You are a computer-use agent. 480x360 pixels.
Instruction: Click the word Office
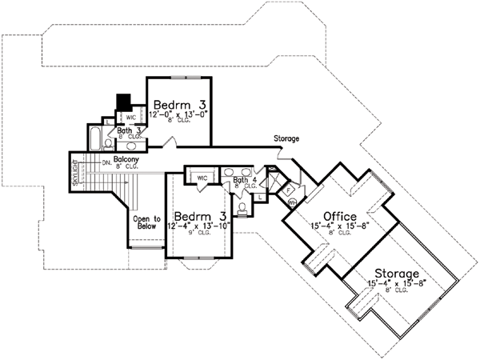pyautogui.click(x=340, y=215)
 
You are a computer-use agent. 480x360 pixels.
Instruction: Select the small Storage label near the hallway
pyautogui.click(x=286, y=139)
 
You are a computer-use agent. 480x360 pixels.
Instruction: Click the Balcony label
pyautogui.click(x=126, y=160)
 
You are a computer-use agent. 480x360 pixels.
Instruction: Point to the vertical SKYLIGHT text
pyautogui.click(x=77, y=172)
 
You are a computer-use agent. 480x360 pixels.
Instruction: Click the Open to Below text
pyautogui.click(x=146, y=222)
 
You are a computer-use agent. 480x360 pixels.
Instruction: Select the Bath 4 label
pyautogui.click(x=244, y=181)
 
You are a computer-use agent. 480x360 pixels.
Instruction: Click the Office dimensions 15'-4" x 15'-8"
pyautogui.click(x=339, y=226)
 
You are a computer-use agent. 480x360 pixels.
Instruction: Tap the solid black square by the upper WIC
pyautogui.click(x=124, y=102)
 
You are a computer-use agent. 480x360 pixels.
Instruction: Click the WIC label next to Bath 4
pyautogui.click(x=202, y=177)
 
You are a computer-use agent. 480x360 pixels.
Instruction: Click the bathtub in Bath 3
pyautogui.click(x=94, y=139)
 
